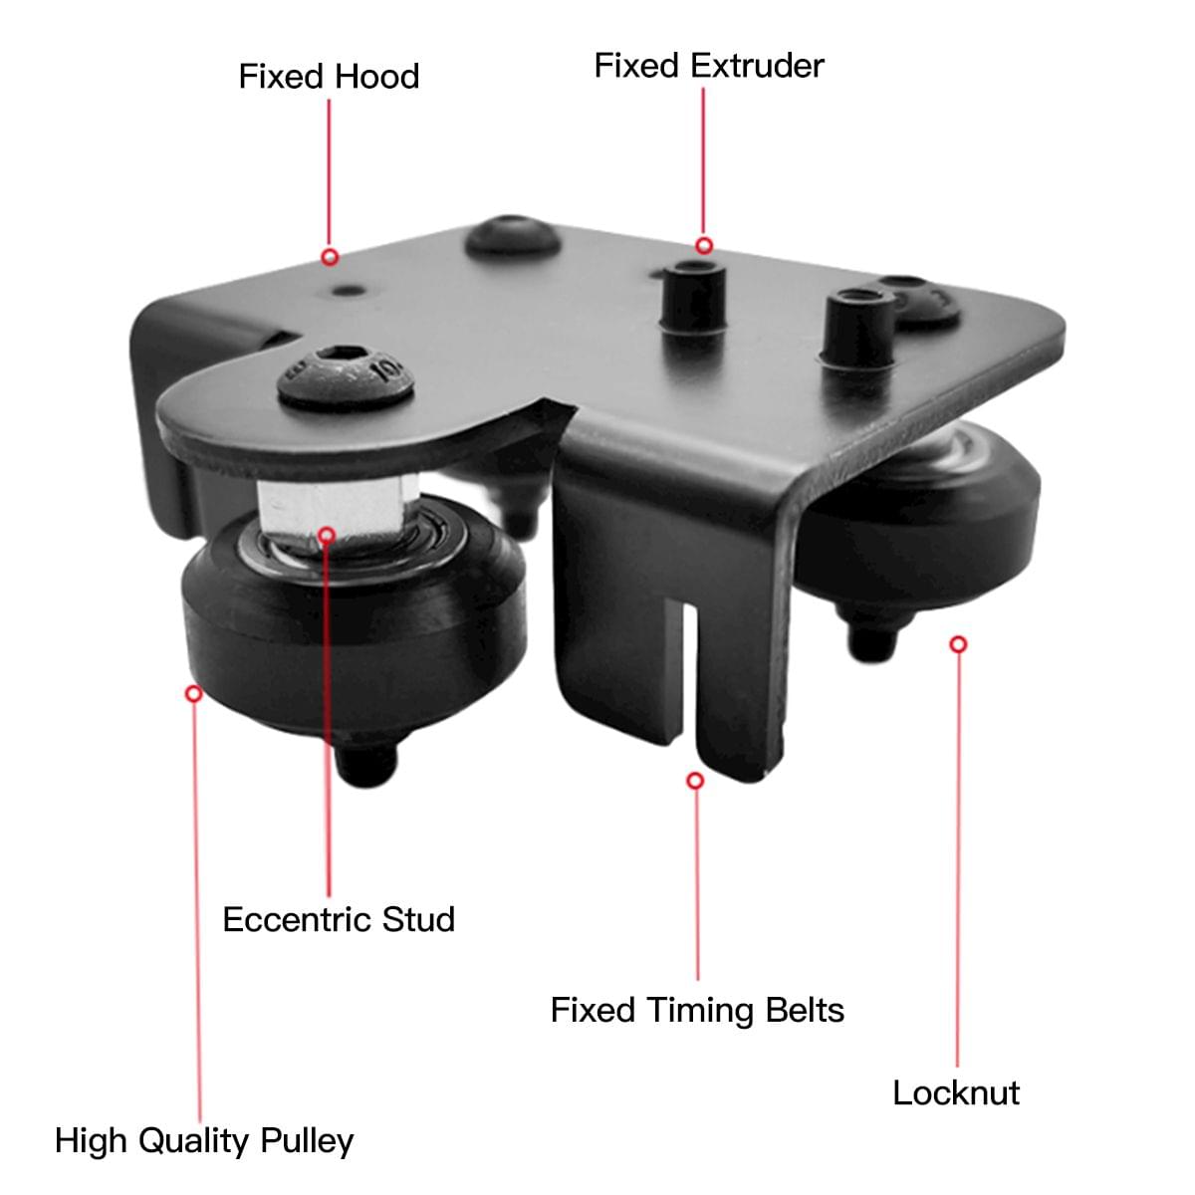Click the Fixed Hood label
(329, 77)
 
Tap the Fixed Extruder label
(709, 66)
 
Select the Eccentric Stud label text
(339, 918)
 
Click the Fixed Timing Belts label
(697, 1010)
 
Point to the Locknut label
(956, 1092)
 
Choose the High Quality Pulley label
(204, 1140)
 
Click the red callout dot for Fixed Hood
(330, 257)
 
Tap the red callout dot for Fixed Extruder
(704, 245)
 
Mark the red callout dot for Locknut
(958, 644)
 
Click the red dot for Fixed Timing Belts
(696, 781)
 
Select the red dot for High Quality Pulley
(194, 692)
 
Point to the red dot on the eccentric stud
(328, 535)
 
